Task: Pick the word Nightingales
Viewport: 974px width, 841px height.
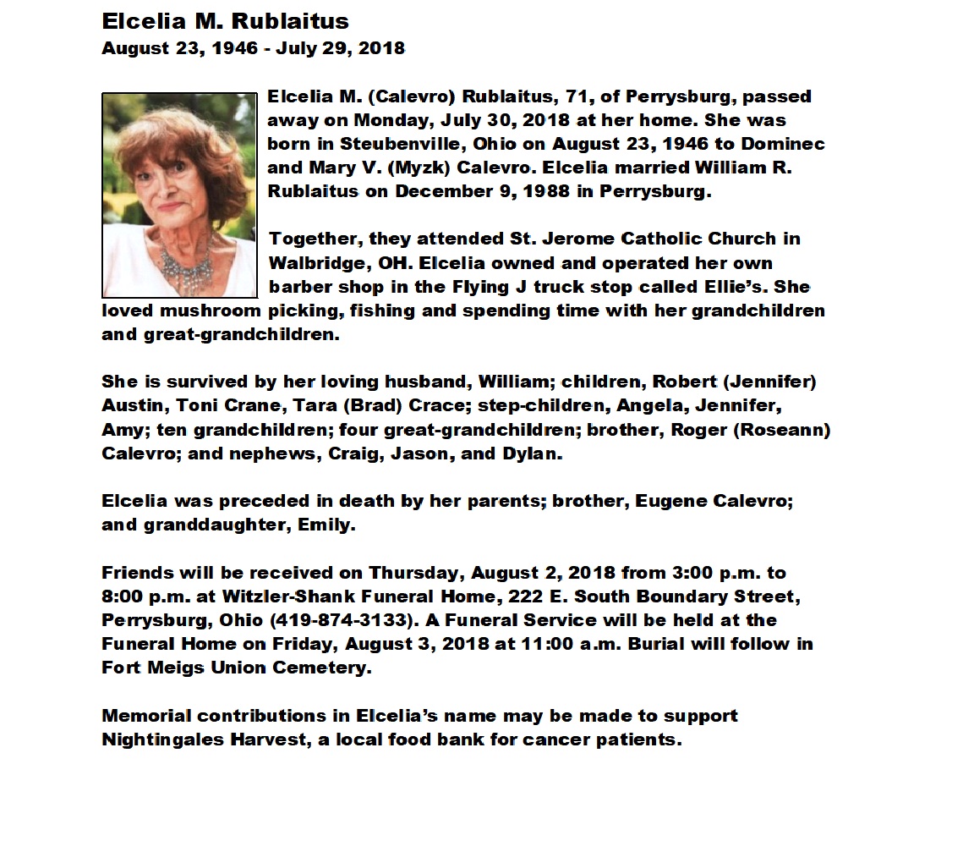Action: (x=161, y=739)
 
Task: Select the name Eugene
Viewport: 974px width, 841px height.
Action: (x=670, y=502)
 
